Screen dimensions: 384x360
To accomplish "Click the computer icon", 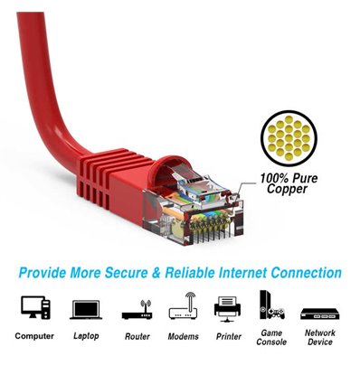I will pyautogui.click(x=33, y=308).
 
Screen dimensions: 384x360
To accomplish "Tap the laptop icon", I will pyautogui.click(x=85, y=309).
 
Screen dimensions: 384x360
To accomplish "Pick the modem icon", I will pyautogui.click(x=183, y=307).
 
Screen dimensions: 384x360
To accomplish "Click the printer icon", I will pyautogui.click(x=228, y=308).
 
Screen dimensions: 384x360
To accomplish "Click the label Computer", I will pyautogui.click(x=33, y=336).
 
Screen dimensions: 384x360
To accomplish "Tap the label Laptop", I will pyautogui.click(x=85, y=336).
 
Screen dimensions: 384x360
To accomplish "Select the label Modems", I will pyautogui.click(x=183, y=336).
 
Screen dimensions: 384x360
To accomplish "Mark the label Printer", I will pyautogui.click(x=228, y=336).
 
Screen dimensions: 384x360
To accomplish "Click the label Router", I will pyautogui.click(x=136, y=336).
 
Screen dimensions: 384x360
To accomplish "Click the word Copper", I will pyautogui.click(x=288, y=191).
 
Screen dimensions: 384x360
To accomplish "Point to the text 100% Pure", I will pyautogui.click(x=289, y=179).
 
